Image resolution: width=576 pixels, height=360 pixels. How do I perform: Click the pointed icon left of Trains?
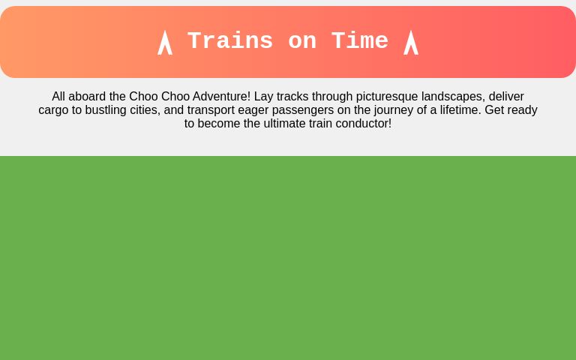[x=165, y=42]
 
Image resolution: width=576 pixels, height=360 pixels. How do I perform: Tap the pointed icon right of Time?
[x=411, y=42]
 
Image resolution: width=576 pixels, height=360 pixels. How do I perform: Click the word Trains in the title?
[x=230, y=41]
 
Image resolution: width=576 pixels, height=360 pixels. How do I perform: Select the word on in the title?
[x=302, y=41]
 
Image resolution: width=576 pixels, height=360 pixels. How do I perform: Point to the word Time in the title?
[x=360, y=41]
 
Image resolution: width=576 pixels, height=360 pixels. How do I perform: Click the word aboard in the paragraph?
[x=87, y=97]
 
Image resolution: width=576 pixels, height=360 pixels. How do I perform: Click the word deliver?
[x=506, y=97]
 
